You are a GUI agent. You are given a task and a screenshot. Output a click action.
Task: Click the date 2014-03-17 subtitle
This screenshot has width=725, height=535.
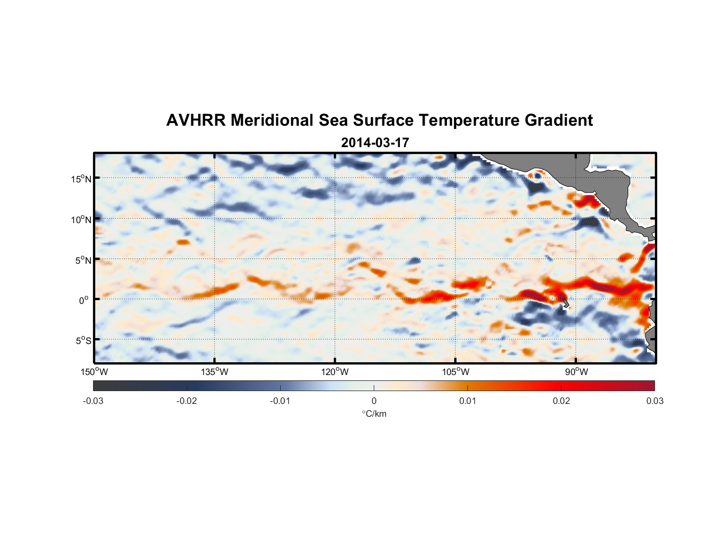click(x=375, y=143)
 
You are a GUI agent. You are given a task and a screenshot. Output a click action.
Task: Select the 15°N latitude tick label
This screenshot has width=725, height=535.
click(x=81, y=179)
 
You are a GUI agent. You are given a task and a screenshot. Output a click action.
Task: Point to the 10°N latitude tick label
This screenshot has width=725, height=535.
click(x=81, y=219)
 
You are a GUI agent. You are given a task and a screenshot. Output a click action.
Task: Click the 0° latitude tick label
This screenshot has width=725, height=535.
click(x=84, y=300)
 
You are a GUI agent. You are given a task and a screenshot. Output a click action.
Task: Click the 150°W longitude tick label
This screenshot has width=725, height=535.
click(x=94, y=372)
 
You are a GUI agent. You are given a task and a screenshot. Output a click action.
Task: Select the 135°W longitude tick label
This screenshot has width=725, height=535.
click(x=214, y=372)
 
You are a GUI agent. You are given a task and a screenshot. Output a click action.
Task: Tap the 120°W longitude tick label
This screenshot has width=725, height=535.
click(x=335, y=372)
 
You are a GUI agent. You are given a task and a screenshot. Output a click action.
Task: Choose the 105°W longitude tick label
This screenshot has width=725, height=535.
click(x=456, y=372)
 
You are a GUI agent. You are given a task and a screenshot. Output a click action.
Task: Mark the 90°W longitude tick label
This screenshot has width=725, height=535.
click(x=576, y=372)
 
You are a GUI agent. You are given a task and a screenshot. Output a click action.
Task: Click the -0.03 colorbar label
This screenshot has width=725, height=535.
click(x=93, y=401)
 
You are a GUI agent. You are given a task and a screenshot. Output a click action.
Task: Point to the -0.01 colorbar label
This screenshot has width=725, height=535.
click(x=280, y=401)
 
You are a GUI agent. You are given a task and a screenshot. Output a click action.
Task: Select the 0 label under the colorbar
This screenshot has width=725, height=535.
click(x=374, y=401)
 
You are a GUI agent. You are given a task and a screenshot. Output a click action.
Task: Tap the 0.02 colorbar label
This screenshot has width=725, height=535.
click(x=561, y=401)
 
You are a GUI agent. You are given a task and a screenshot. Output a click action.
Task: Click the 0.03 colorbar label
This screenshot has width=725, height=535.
click(x=654, y=401)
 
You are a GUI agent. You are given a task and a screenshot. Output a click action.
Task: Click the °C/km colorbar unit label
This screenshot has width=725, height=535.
click(x=374, y=414)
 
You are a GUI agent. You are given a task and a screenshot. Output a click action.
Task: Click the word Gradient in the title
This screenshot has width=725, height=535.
click(x=559, y=120)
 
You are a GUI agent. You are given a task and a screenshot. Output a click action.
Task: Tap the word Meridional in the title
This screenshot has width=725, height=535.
click(x=273, y=120)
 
